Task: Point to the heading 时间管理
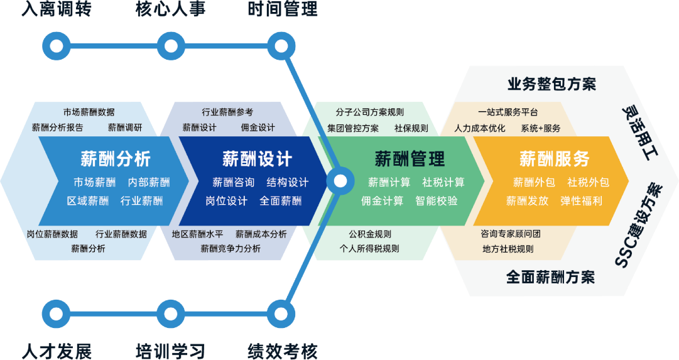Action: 283,9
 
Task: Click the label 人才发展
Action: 57,351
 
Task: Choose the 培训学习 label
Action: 170,351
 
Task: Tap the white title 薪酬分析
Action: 115,159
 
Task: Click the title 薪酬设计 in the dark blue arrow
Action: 258,159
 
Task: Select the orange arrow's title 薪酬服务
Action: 554,159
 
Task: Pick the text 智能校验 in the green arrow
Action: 436,200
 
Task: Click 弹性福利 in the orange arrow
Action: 581,200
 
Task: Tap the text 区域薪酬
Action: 87,200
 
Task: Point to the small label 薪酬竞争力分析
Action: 231,248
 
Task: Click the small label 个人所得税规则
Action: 369,248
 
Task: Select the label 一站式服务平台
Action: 508,112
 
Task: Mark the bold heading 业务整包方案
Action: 551,84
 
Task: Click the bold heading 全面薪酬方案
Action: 550,277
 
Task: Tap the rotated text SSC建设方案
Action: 639,226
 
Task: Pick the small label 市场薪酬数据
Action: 89,112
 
